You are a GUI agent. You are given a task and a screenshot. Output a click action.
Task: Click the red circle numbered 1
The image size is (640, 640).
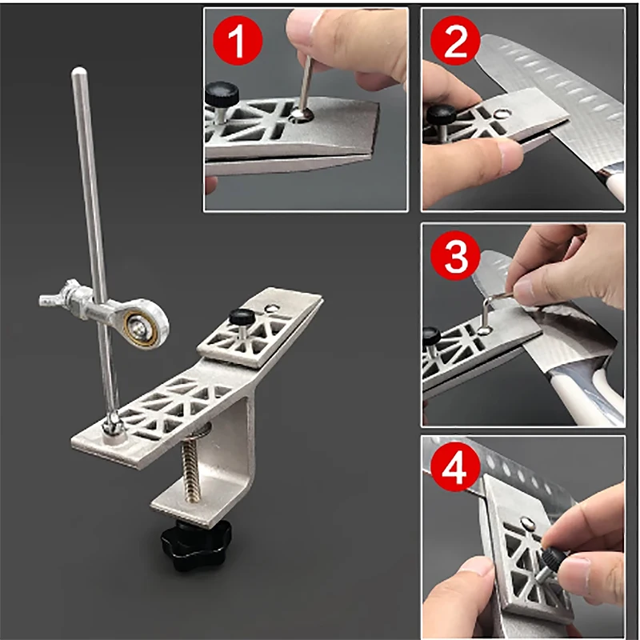[238, 40]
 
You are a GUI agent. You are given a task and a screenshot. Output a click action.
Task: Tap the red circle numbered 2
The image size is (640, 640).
[455, 40]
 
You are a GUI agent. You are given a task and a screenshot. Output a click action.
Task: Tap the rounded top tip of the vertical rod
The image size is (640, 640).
[78, 72]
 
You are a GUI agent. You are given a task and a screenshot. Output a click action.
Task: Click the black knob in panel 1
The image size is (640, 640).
[222, 94]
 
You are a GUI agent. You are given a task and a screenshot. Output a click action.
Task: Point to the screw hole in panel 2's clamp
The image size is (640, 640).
[502, 114]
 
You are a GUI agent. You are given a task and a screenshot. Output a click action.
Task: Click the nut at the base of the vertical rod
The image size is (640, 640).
[113, 426]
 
